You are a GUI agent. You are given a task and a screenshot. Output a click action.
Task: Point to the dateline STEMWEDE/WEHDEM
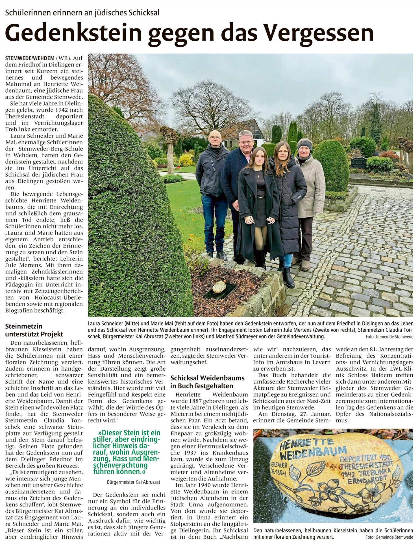[x=30, y=58]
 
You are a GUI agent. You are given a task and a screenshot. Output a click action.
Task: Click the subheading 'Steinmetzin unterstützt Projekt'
[x=34, y=331]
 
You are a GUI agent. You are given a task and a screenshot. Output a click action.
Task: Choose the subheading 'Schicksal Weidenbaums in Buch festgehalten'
[x=207, y=382]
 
